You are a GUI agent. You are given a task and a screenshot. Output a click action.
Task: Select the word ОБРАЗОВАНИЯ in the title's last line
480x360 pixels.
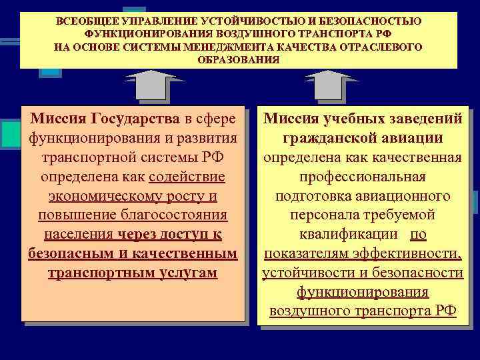[239, 59]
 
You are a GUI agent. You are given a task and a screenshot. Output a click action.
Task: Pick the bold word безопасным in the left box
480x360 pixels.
[75, 255]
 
